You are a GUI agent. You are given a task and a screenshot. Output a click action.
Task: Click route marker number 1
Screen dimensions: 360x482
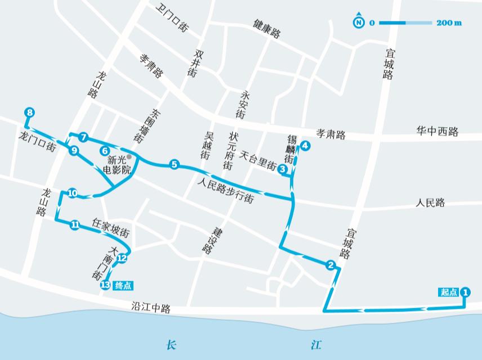(x=465, y=292)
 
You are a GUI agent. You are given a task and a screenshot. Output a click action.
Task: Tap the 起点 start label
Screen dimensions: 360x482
(x=449, y=292)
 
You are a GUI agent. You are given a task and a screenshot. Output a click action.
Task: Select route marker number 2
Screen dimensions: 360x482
(x=331, y=265)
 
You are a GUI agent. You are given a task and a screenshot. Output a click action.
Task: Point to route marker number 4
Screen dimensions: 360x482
(x=305, y=146)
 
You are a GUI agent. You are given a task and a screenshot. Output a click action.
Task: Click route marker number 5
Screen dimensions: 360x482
(x=174, y=165)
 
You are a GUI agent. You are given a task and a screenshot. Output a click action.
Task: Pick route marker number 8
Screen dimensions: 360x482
(x=29, y=112)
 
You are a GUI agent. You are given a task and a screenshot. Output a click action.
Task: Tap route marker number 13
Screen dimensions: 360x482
(x=104, y=285)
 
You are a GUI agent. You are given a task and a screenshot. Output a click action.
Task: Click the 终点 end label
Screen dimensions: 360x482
(x=123, y=285)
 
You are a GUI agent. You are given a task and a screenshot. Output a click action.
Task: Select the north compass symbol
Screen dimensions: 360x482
(x=358, y=22)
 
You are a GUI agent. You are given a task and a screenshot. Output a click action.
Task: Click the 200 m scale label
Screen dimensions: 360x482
(x=449, y=23)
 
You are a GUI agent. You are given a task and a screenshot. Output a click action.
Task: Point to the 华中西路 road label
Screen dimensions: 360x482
(x=438, y=132)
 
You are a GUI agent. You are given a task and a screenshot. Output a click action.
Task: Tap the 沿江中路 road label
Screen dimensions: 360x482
(x=150, y=308)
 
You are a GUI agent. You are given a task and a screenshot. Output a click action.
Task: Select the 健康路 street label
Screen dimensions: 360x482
(x=267, y=29)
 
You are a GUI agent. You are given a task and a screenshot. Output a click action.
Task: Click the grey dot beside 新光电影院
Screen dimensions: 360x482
(x=129, y=157)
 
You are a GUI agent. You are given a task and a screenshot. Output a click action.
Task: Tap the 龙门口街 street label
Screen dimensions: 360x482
(x=37, y=142)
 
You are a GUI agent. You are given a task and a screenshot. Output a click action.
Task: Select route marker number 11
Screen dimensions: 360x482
(x=75, y=225)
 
